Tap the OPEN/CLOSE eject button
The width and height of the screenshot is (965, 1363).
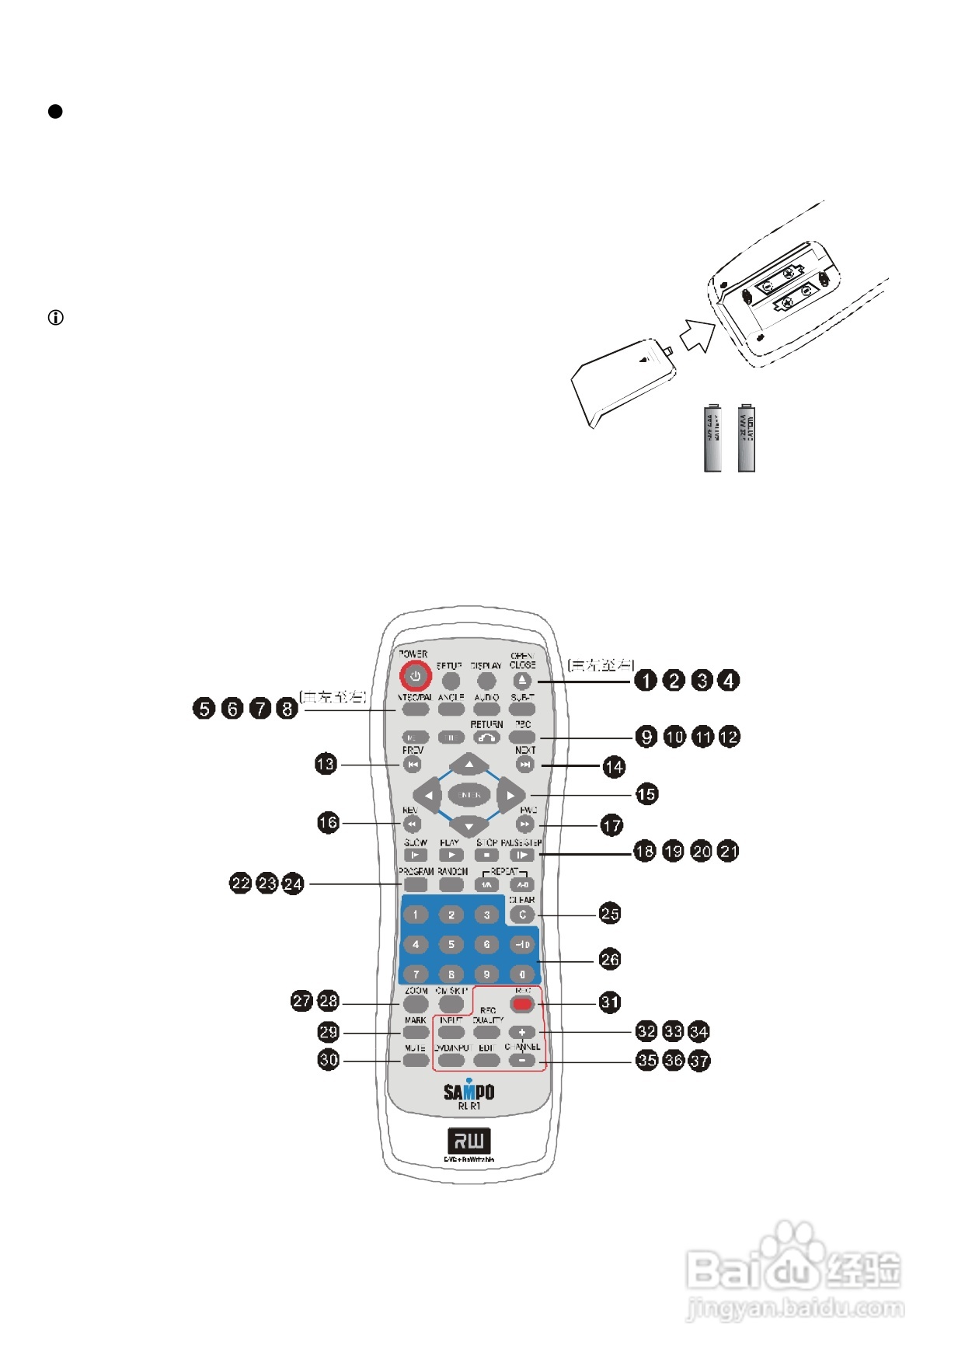click(x=522, y=681)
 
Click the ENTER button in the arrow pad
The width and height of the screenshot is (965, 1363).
click(x=469, y=795)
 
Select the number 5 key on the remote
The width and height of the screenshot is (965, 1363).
click(x=451, y=944)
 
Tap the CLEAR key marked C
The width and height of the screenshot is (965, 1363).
click(x=522, y=915)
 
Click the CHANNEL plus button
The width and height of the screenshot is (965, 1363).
click(x=522, y=1032)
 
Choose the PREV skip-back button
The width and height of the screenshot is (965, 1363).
click(x=413, y=765)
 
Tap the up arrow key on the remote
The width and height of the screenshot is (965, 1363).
click(x=469, y=765)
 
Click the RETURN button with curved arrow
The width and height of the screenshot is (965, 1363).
click(x=487, y=737)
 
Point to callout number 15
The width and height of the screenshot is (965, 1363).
click(x=646, y=794)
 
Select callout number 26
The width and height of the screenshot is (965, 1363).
click(x=610, y=960)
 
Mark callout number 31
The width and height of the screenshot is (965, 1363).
click(x=610, y=1002)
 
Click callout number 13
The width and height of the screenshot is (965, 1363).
click(x=326, y=764)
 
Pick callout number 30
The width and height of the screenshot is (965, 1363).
click(x=329, y=1060)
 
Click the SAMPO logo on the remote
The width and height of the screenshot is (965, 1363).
click(x=469, y=1090)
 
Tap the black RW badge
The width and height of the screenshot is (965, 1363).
click(x=469, y=1141)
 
